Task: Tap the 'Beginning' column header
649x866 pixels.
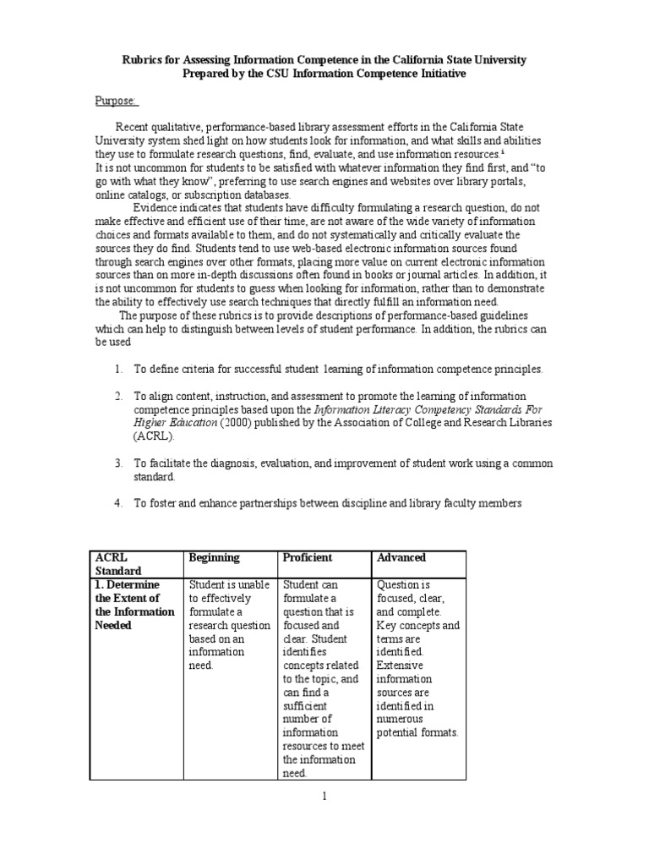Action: pos(214,558)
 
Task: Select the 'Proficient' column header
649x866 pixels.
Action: pos(308,558)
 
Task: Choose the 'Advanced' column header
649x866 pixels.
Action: pos(401,558)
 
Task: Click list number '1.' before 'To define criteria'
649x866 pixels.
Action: pos(118,370)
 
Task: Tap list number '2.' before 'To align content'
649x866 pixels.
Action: pos(118,397)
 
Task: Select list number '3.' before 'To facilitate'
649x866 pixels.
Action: pos(118,463)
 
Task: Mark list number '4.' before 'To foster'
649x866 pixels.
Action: pos(118,504)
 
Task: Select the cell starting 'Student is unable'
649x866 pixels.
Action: pos(229,624)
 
